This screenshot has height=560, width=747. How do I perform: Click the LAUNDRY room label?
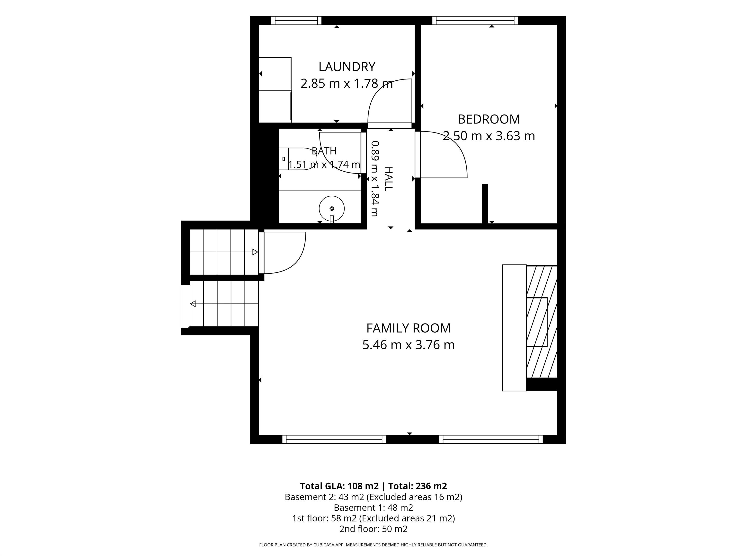point(347,67)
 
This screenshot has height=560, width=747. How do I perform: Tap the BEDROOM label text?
point(489,119)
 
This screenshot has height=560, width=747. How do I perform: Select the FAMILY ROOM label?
point(408,328)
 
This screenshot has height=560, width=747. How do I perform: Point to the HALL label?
point(389,179)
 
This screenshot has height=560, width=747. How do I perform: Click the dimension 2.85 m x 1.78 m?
point(347,83)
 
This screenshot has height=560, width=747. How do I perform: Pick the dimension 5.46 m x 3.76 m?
point(408,345)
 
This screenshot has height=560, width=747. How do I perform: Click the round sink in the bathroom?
point(332,209)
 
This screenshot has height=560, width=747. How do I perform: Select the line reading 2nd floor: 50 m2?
point(373,529)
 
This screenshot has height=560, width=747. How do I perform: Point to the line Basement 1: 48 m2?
point(373,507)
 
